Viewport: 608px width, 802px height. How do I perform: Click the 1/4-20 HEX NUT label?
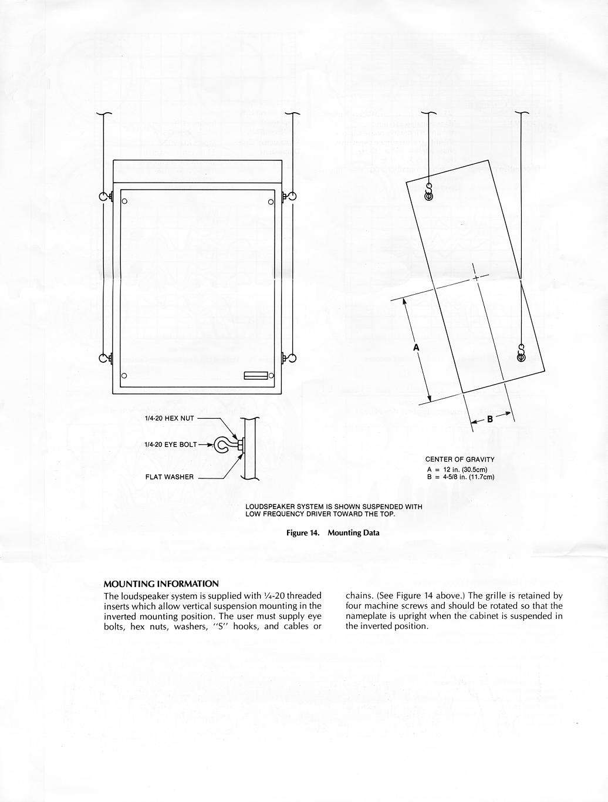coord(170,419)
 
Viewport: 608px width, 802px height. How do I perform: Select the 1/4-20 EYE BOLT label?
coord(171,444)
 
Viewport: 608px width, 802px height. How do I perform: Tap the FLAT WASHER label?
coord(170,477)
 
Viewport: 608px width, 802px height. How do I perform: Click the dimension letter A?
coord(416,348)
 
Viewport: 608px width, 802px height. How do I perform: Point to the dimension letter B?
coord(490,419)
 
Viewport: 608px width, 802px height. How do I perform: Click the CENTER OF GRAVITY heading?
coord(460,459)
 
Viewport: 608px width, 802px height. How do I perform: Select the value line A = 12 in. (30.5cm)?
coord(457,470)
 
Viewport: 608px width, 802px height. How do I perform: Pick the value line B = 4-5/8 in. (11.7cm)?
coord(461,477)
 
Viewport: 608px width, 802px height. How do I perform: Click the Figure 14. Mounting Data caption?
coord(333,533)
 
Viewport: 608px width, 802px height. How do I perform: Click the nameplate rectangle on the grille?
coord(256,375)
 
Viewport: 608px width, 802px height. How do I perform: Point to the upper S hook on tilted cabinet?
coord(429,193)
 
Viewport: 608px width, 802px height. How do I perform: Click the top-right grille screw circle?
coord(271,202)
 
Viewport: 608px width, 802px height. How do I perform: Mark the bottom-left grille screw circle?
coord(124,376)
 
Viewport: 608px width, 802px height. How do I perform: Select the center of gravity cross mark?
coord(476,278)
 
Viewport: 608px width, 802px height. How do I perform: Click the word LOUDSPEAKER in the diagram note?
coord(267,507)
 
